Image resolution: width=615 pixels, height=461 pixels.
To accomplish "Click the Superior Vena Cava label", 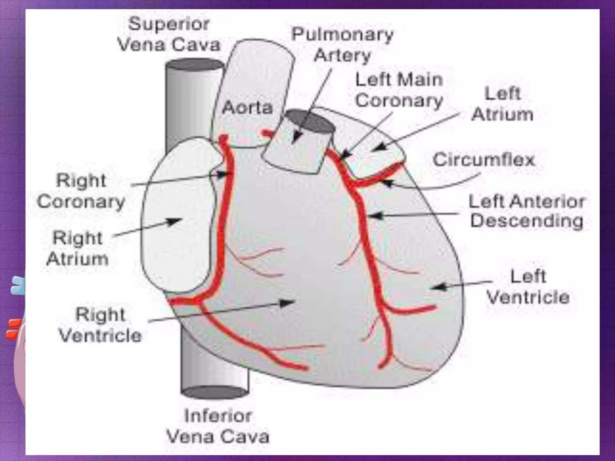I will click(169, 35).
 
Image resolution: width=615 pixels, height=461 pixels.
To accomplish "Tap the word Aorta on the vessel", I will click(247, 107).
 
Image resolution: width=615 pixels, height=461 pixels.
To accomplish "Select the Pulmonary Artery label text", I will click(342, 45).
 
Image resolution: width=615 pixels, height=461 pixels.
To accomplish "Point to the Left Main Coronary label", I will click(399, 90).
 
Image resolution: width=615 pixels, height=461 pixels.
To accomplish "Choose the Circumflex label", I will click(484, 159).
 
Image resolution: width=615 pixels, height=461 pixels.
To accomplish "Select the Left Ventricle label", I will click(528, 287).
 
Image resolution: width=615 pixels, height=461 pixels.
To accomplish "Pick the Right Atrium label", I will click(77, 248).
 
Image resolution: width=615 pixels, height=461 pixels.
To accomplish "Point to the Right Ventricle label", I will click(100, 325).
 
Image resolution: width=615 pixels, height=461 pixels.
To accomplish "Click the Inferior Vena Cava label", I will click(218, 426).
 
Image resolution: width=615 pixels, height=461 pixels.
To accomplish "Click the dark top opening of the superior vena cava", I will click(195, 65).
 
